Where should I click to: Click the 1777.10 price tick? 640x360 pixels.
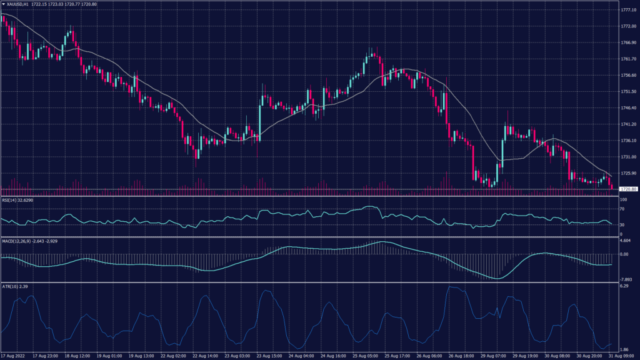tap(628, 10)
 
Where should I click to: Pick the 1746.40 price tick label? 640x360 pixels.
tap(628, 107)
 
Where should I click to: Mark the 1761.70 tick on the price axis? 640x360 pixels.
tap(628, 59)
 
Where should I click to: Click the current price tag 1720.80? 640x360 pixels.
tap(627, 189)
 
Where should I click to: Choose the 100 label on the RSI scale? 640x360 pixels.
tap(623, 199)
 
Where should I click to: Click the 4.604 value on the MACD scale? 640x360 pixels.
tap(625, 240)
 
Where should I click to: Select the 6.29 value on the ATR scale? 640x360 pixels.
tap(624, 286)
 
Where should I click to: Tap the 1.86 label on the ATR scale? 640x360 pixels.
tap(624, 350)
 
